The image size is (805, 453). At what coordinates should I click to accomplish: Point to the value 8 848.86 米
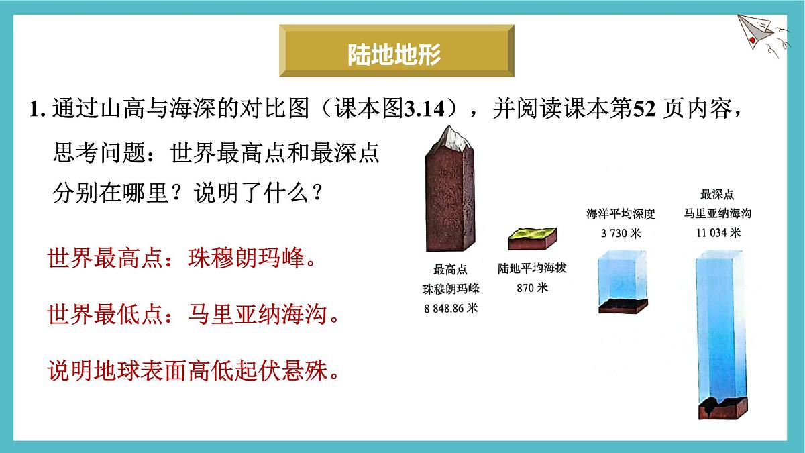pos(451,309)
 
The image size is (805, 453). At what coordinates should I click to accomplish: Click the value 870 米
pos(533,288)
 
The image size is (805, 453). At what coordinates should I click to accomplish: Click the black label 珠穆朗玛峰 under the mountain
pos(451,289)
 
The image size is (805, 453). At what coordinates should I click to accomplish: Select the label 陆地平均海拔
pos(533,268)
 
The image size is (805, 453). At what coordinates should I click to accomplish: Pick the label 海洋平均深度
pos(621,214)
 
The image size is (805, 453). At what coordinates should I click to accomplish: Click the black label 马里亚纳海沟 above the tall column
pos(717,214)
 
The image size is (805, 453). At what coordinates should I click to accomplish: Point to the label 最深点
pos(717,195)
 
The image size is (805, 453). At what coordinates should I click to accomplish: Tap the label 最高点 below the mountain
pos(451,270)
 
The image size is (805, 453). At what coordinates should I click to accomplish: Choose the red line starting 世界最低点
pos(193,314)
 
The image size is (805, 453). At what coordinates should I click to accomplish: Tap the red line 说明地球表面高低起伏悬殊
pos(193,370)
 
